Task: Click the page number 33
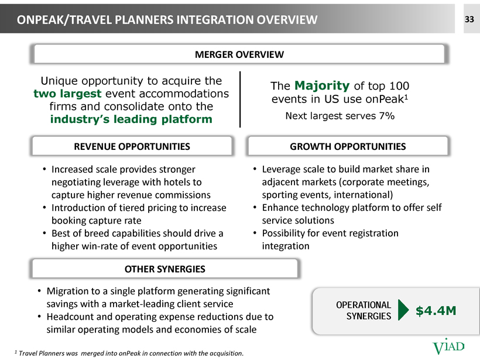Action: (x=469, y=19)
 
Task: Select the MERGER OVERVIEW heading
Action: (x=239, y=54)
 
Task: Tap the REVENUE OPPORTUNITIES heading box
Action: (x=132, y=146)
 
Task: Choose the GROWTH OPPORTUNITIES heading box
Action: (x=348, y=146)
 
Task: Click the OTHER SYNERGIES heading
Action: (x=164, y=269)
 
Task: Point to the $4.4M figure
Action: (x=436, y=311)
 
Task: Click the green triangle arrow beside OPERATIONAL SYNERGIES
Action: (x=403, y=310)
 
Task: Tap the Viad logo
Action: (x=448, y=347)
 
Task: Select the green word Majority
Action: (x=322, y=85)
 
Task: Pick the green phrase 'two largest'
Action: (x=67, y=94)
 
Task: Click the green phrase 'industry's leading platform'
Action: (x=131, y=119)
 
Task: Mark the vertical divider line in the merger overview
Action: (x=240, y=99)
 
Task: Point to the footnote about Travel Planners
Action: (x=129, y=353)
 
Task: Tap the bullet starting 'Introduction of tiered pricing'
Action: (x=135, y=214)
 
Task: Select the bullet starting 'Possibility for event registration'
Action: (x=326, y=239)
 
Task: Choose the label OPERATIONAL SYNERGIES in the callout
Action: (x=364, y=310)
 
